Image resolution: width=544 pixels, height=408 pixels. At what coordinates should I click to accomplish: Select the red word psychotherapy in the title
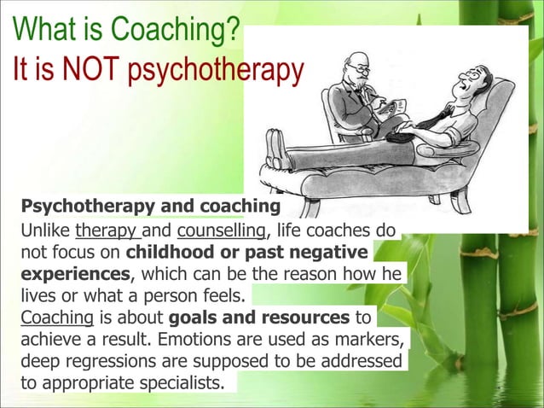pos(215,73)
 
